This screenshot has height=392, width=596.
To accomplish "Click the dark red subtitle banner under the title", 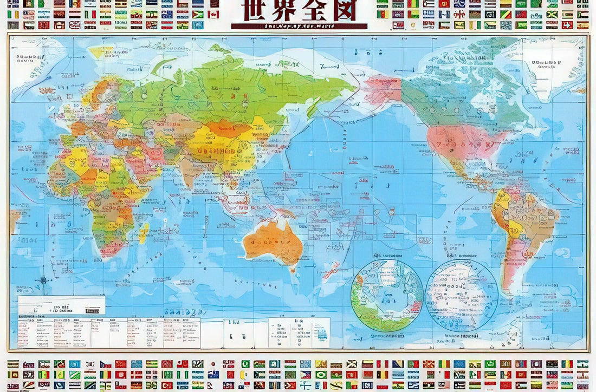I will (x=299, y=26).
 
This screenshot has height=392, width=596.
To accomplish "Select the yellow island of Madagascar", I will (x=143, y=233).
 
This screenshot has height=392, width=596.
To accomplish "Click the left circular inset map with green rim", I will (x=387, y=295).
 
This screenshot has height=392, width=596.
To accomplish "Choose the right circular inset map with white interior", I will (x=462, y=295).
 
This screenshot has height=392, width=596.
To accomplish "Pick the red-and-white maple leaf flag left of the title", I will (x=213, y=14).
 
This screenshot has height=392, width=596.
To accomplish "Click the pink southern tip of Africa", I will (x=111, y=249).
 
